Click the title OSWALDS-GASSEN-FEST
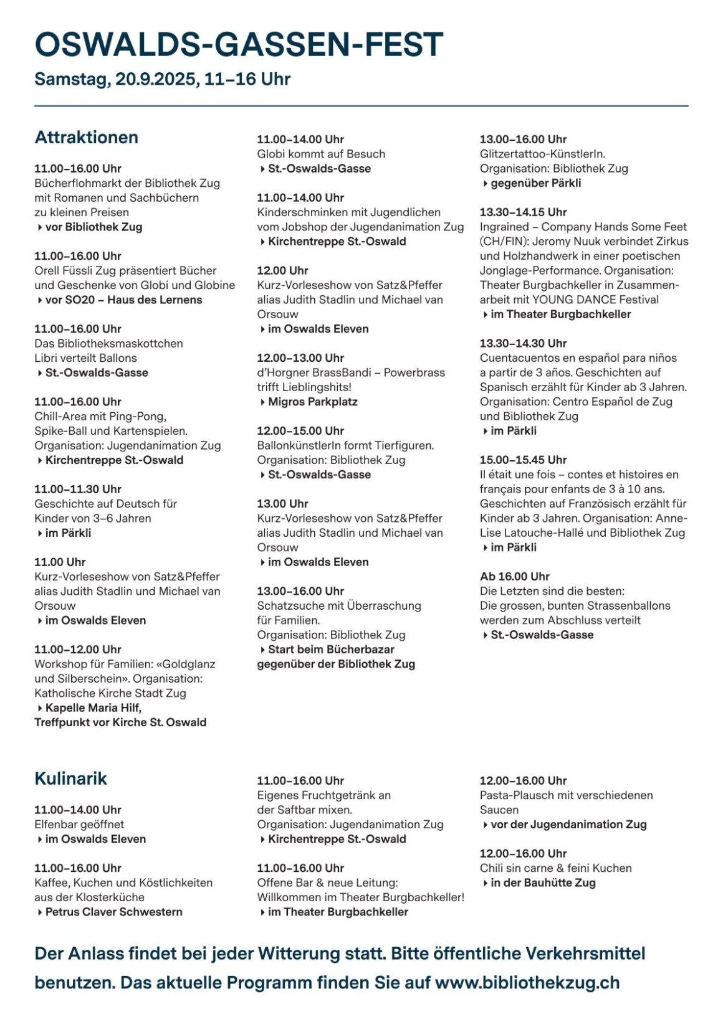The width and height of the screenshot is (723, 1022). coord(239,45)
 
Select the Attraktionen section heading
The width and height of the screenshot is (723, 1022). coord(87,138)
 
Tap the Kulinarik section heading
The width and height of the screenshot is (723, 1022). coord(71,778)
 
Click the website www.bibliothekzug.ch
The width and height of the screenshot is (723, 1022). coord(527,983)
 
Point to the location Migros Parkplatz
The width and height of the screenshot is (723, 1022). coord(312,402)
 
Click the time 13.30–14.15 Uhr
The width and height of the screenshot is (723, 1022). coord(523,212)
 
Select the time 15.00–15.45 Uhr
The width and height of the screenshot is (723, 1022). coord(523,460)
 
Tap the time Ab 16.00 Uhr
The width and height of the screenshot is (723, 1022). coord(514,577)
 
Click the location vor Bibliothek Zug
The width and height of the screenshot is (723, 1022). coord(93,227)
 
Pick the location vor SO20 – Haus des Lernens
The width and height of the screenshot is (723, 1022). coord(123,300)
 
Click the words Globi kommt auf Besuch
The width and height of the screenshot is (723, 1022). coord(321,154)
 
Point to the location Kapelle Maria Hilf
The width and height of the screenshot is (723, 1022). coord(93,708)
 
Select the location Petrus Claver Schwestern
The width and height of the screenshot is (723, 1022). coord(113,912)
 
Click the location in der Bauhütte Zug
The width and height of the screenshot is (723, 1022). coord(543,883)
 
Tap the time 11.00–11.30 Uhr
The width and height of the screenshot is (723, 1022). coord(78,490)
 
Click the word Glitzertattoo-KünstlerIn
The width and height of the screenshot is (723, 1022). coord(542,154)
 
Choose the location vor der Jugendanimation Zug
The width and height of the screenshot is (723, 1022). coord(568,825)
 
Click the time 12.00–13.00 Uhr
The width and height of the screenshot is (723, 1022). coord(300,358)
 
